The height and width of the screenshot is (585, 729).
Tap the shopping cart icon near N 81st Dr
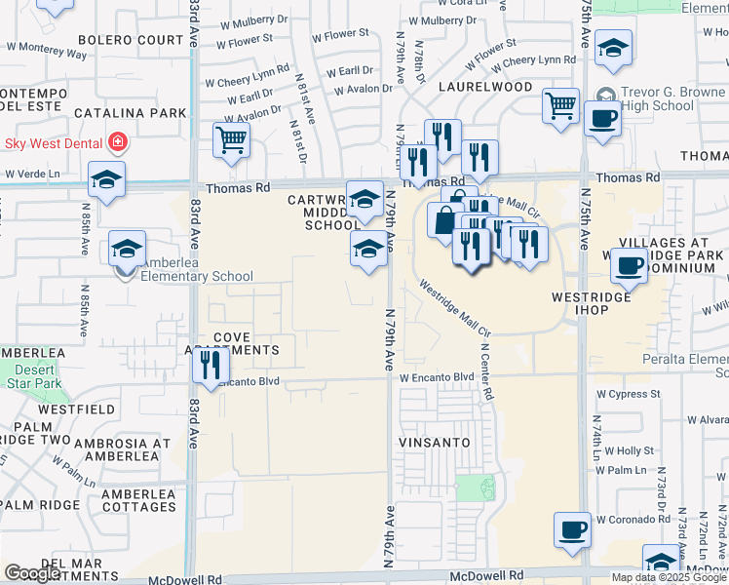pos(231,140)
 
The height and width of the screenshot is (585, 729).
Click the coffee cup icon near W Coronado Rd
pos(572,529)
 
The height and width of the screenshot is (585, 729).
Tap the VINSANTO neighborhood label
pos(435,443)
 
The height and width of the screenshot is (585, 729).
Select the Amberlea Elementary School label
pos(198,276)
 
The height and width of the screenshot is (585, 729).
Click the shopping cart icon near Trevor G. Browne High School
pos(560,105)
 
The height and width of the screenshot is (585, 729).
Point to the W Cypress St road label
pos(629,394)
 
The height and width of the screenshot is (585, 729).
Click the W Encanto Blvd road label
pos(437,377)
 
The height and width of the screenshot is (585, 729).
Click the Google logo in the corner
pos(32,573)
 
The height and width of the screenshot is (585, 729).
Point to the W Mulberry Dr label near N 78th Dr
pos(449,19)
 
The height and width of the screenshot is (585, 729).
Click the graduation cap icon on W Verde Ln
pos(106,178)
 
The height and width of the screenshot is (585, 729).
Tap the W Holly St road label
pos(629,450)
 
